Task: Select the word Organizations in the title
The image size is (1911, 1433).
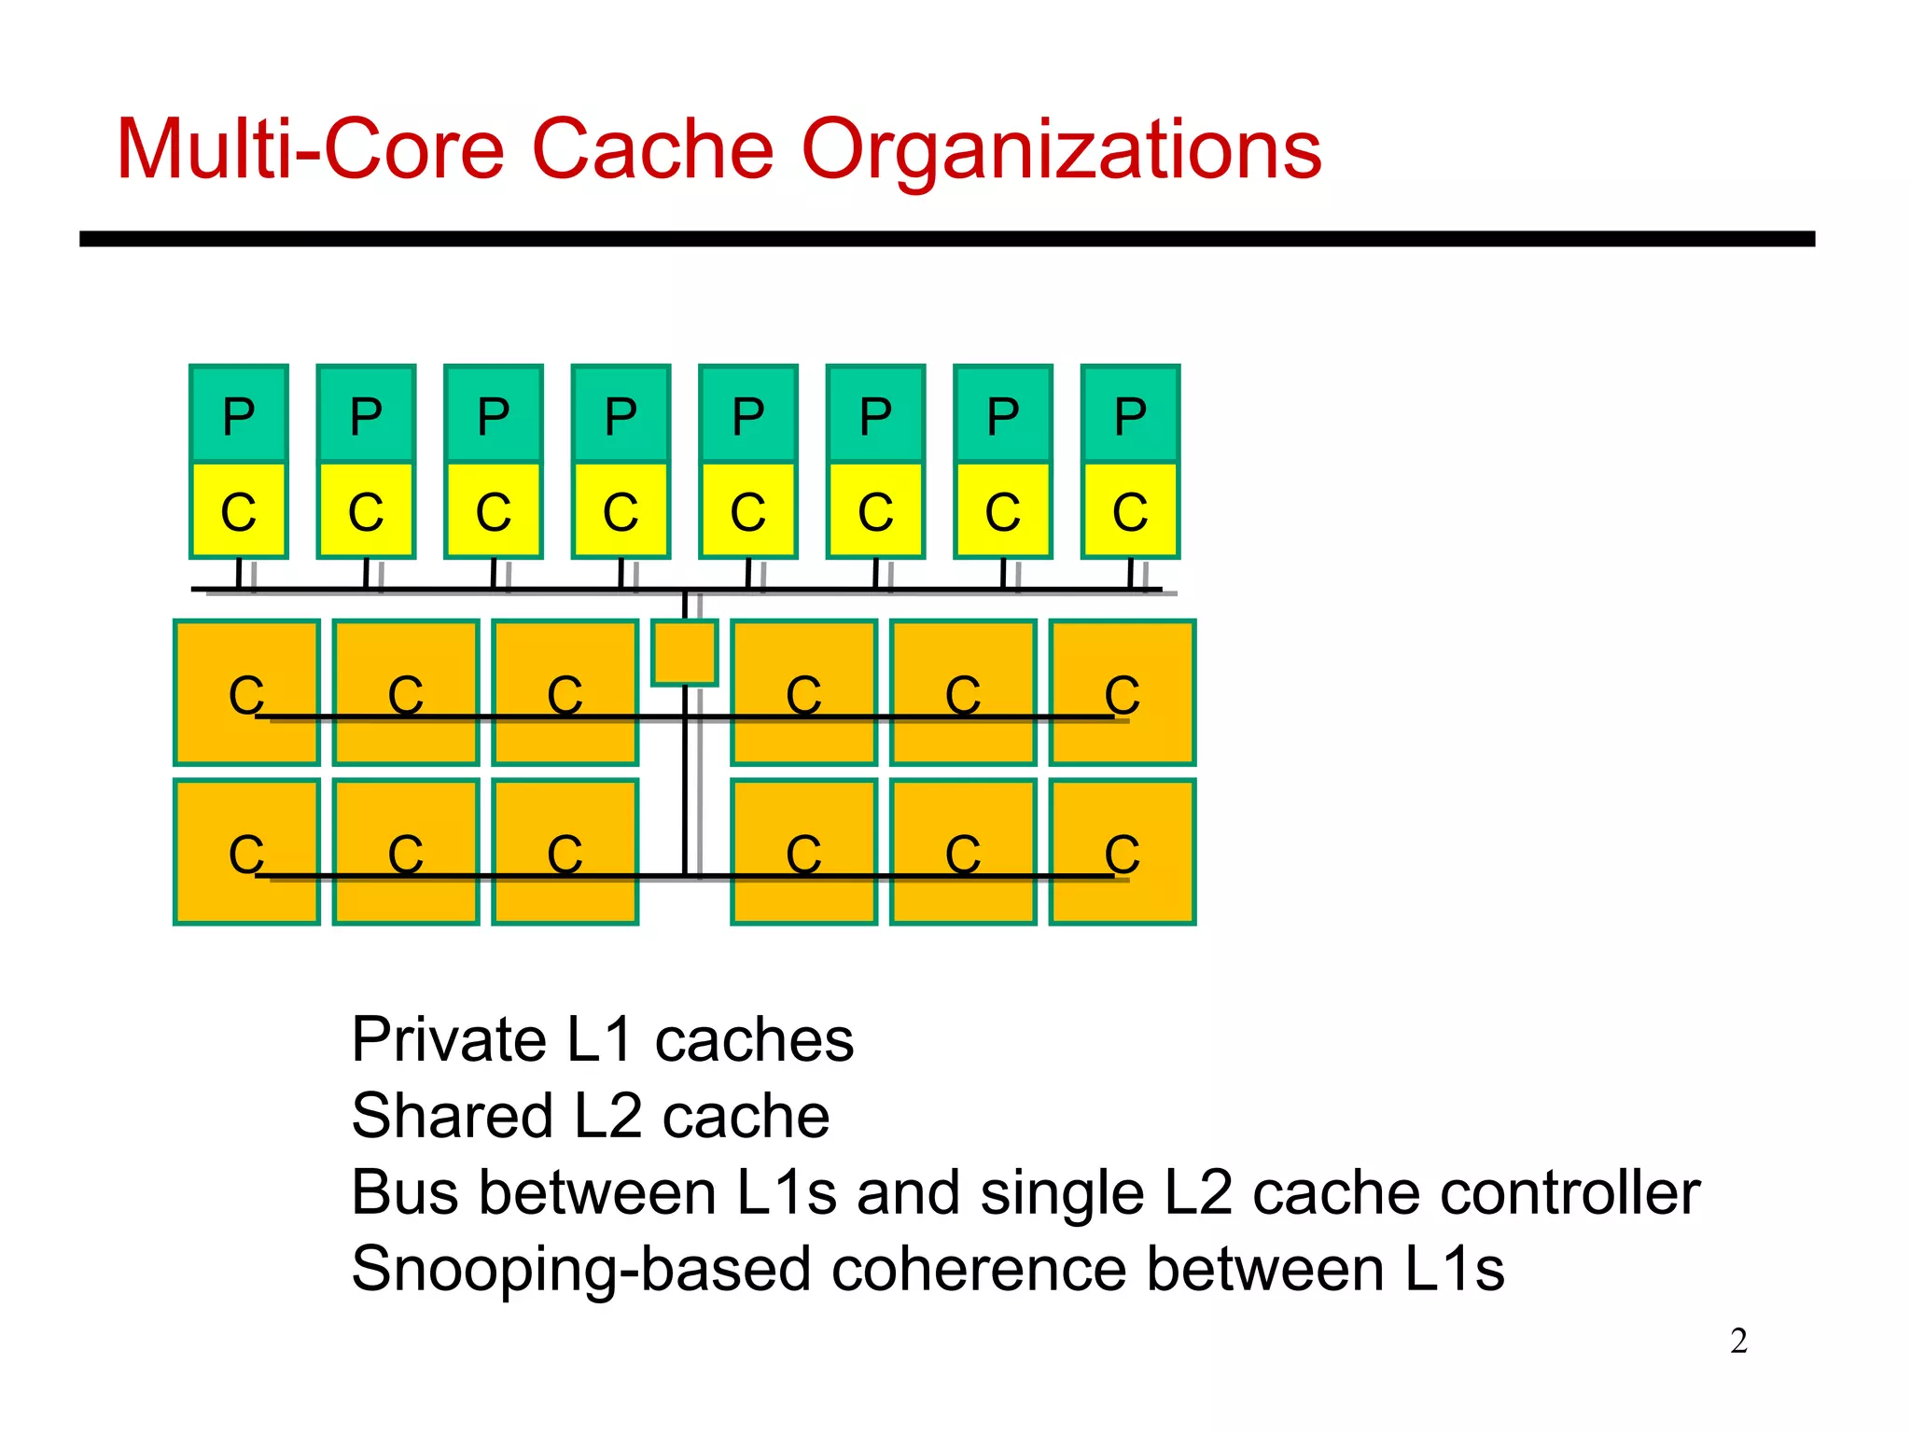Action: click(x=1061, y=151)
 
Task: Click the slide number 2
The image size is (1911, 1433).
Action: click(x=1738, y=1341)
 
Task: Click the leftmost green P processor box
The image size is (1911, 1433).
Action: click(x=239, y=414)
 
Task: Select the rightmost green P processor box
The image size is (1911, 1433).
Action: click(x=1130, y=414)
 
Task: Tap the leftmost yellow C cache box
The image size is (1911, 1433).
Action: click(x=239, y=510)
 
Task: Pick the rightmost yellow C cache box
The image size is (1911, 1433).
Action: click(x=1130, y=510)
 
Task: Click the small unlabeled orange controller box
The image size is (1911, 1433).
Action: click(x=685, y=652)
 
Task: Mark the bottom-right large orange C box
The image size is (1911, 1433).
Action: click(x=1122, y=852)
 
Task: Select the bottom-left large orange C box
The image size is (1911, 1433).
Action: click(x=246, y=852)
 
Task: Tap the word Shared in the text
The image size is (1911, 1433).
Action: click(x=453, y=1117)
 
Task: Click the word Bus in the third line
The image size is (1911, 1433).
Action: click(x=405, y=1193)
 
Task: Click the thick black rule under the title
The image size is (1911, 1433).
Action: click(x=946, y=239)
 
